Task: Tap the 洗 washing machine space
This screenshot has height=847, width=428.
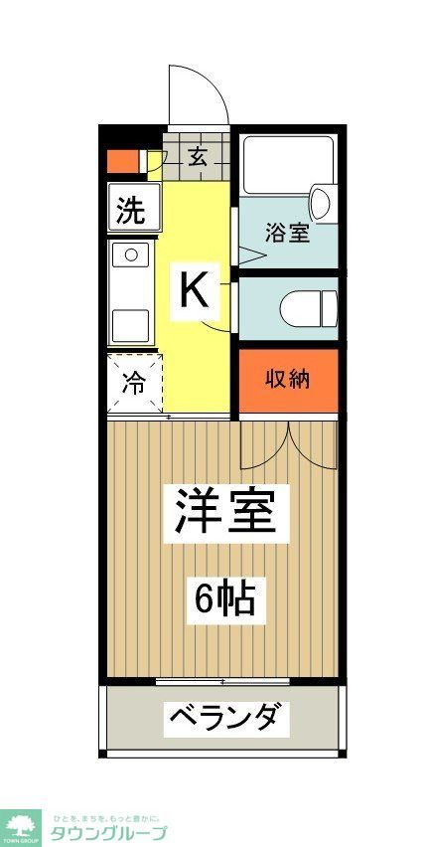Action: coord(131,210)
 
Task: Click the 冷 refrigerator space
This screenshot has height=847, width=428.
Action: coord(132,383)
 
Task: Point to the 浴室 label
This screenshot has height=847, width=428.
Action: coord(287,234)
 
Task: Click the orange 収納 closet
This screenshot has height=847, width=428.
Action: coord(287,381)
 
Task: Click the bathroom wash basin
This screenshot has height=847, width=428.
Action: coord(321,203)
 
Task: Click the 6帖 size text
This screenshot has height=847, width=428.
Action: coord(224,598)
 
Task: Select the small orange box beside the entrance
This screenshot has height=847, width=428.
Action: coord(123,160)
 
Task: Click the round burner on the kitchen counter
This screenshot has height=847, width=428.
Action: coord(130,255)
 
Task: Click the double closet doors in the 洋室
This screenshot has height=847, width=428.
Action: coord(287,443)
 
